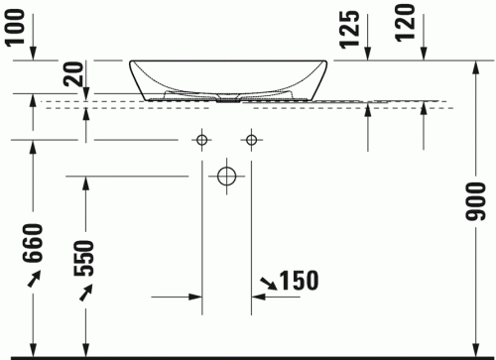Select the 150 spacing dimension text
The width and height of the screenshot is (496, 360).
298,281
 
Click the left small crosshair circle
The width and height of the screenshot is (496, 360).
202,139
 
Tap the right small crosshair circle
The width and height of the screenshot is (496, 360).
252,139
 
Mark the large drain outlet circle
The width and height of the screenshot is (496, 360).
227,178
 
